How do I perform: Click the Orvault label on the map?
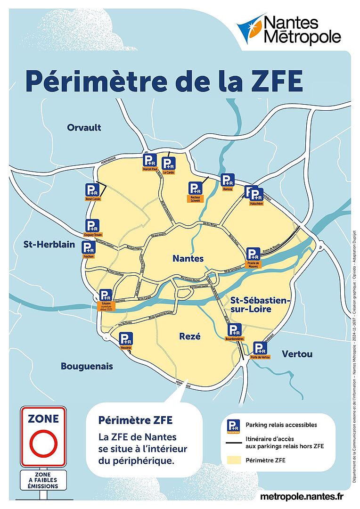tap(84, 128)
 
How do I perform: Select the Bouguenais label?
tap(87, 366)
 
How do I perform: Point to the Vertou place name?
tap(297, 354)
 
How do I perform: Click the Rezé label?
tap(190, 336)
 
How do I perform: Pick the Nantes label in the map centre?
tap(188, 258)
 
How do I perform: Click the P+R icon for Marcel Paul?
tap(149, 160)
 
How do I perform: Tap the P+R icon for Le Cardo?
tap(168, 164)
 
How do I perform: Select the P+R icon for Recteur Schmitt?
tap(195, 188)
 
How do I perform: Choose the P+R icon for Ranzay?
tap(228, 180)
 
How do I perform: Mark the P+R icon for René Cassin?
tap(92, 190)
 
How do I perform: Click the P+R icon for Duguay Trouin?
tap(92, 226)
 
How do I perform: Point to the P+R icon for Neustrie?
tap(126, 338)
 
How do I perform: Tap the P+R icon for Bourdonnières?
tap(235, 330)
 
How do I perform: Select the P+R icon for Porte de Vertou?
tap(260, 348)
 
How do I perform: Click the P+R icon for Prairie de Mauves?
tap(253, 254)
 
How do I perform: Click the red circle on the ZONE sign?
tap(43, 443)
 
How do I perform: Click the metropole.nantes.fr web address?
tap(302, 496)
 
